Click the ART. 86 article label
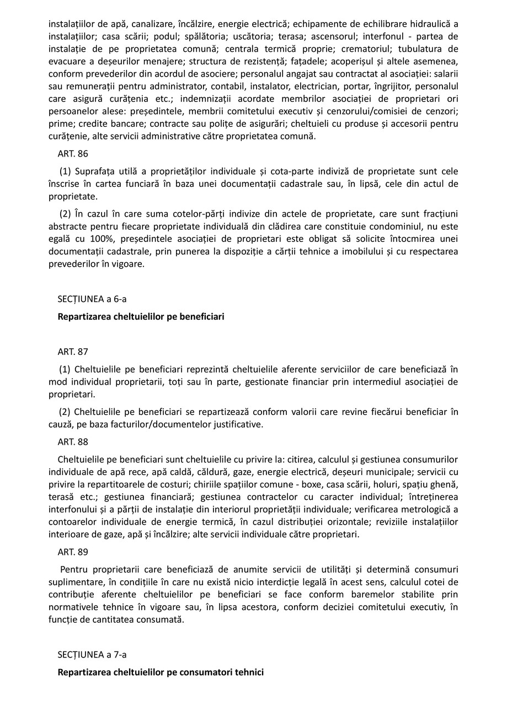click(x=72, y=154)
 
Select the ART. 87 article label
click(x=72, y=352)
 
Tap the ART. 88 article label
click(x=72, y=442)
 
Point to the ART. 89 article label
click(x=72, y=552)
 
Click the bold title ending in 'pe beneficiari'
click(x=141, y=317)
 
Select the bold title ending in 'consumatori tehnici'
click(x=161, y=672)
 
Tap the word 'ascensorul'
click(x=333, y=36)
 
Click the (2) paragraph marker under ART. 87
click(x=65, y=412)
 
